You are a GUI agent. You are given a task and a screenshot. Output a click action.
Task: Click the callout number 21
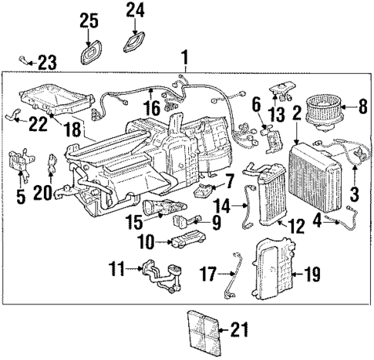click(240, 332)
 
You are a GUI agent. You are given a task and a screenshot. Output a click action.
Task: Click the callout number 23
click(48, 59)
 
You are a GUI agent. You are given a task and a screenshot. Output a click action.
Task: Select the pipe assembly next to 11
click(161, 276)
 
